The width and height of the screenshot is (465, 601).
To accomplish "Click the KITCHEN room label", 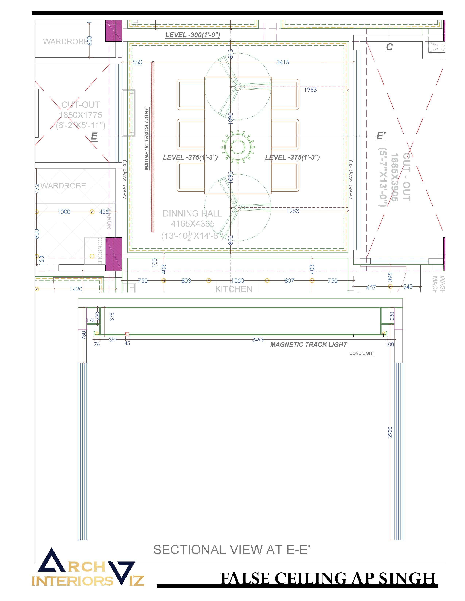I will [x=234, y=289].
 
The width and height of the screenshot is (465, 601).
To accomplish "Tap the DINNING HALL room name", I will [x=192, y=214].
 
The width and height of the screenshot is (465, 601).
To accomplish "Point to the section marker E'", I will [x=381, y=136].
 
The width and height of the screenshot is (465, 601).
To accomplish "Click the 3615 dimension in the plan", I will [x=283, y=62].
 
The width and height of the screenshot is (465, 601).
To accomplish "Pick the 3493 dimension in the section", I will [x=258, y=340].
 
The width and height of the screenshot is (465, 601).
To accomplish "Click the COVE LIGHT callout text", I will [x=362, y=353].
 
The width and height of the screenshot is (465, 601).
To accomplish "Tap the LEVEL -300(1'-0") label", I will [x=193, y=35].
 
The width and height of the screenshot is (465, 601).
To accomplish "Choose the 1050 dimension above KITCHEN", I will [x=237, y=281].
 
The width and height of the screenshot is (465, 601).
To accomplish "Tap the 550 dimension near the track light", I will [x=137, y=62].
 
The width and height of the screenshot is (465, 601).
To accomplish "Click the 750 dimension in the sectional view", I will [x=84, y=335].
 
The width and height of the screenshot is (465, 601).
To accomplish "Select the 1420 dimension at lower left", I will [x=76, y=289].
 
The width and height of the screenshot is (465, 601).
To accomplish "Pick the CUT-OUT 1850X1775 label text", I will [x=80, y=115].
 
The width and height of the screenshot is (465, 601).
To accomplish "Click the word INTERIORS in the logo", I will [x=72, y=581].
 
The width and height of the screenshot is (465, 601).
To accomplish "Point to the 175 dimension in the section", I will [x=90, y=320].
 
